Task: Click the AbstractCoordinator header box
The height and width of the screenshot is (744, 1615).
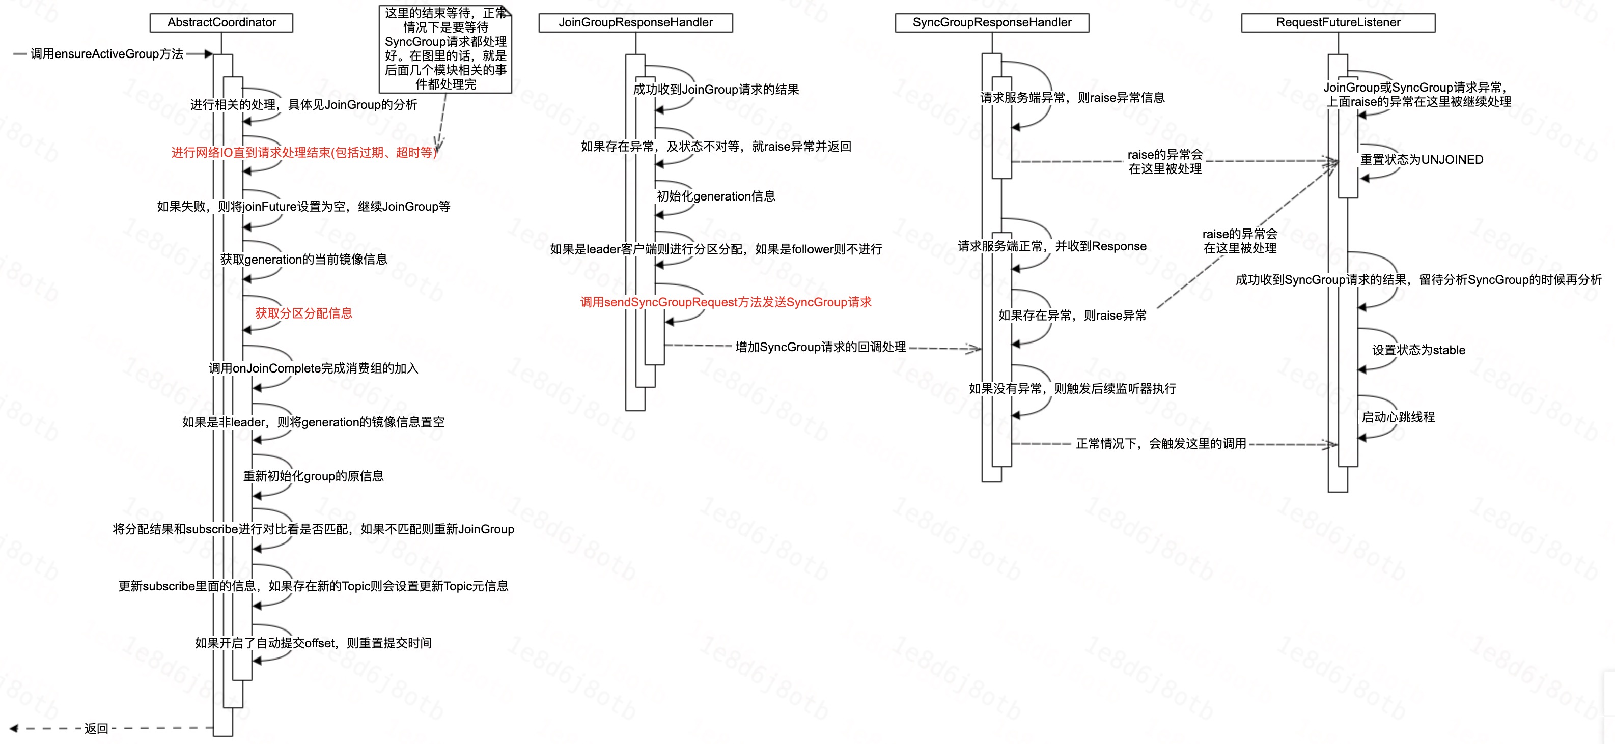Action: [x=221, y=22]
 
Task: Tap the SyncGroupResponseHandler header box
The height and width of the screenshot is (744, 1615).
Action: [x=991, y=22]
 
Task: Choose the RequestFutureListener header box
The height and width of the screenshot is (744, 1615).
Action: [x=1338, y=22]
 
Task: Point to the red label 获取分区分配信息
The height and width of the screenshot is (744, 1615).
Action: [x=303, y=313]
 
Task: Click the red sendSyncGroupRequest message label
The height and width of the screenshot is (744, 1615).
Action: [x=726, y=302]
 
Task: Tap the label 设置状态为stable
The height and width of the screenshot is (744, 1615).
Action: [x=1418, y=350]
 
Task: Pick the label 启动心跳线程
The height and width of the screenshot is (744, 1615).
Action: [x=1398, y=417]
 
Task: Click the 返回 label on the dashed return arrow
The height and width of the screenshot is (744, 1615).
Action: [x=97, y=728]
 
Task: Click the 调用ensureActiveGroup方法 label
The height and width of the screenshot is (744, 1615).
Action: [x=106, y=54]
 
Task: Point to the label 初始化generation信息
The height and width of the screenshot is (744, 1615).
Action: [x=715, y=196]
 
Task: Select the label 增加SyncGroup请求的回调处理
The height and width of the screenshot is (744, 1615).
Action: [x=820, y=347]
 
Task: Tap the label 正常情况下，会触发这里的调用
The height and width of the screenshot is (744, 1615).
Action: [x=1160, y=444]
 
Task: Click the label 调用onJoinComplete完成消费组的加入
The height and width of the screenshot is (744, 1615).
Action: [x=314, y=368]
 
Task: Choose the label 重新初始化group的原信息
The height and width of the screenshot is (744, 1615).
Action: [x=313, y=476]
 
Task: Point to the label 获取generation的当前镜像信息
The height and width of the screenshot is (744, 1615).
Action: [x=303, y=260]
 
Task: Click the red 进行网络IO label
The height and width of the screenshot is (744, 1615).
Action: [x=303, y=152]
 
